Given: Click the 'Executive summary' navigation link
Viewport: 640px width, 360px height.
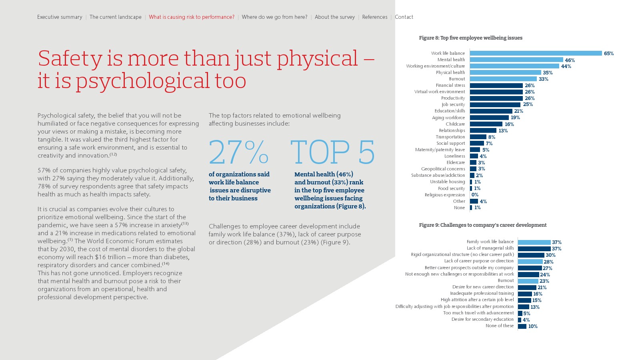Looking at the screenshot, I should (x=60, y=17).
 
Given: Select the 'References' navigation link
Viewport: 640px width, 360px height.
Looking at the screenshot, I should (x=374, y=17).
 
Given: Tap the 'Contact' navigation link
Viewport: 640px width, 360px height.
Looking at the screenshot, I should (x=404, y=17).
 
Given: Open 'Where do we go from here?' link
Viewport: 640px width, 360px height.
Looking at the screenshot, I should (x=274, y=17).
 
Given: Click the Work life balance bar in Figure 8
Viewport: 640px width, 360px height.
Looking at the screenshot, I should (x=536, y=53).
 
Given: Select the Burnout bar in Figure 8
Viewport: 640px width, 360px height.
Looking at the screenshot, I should (x=503, y=79).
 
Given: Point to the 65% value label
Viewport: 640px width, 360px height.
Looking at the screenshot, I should (x=608, y=53).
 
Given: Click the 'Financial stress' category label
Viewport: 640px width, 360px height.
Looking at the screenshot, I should (x=450, y=85).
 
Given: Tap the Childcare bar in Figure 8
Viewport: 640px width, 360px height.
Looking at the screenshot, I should (x=486, y=124).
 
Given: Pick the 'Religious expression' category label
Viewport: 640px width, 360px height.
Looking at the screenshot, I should (x=445, y=195).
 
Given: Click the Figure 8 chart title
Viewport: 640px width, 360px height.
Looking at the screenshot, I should (x=470, y=38).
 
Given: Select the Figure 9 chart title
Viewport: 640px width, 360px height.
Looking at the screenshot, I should (x=482, y=225).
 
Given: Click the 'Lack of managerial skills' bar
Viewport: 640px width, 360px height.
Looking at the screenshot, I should (x=534, y=248).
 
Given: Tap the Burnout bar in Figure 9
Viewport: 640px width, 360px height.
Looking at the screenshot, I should (x=528, y=281).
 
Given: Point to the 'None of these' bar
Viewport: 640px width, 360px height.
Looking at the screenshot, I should (x=522, y=326).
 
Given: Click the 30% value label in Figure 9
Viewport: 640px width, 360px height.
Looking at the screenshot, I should (x=550, y=255).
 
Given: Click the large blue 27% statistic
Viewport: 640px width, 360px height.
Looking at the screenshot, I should (x=238, y=152).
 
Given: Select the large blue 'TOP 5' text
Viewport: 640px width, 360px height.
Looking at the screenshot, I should (x=333, y=152).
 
